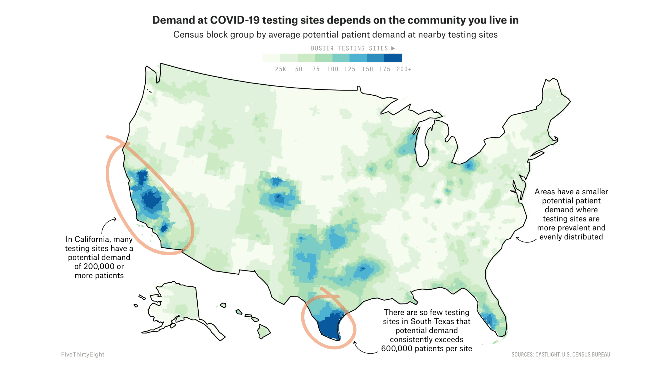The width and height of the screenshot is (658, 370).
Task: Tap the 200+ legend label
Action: point(404,69)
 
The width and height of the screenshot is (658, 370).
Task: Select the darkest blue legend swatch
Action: point(393,58)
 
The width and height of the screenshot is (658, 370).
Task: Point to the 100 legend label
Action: point(333,69)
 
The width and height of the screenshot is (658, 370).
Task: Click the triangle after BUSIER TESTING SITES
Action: point(393,48)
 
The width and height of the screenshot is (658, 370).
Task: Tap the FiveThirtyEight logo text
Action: point(82,354)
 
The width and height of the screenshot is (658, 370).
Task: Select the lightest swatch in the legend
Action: point(271,58)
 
